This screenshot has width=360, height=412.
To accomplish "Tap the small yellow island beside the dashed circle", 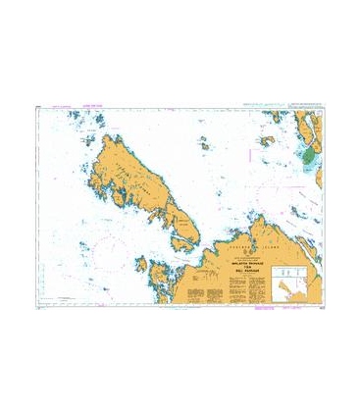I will click(x=266, y=140).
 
